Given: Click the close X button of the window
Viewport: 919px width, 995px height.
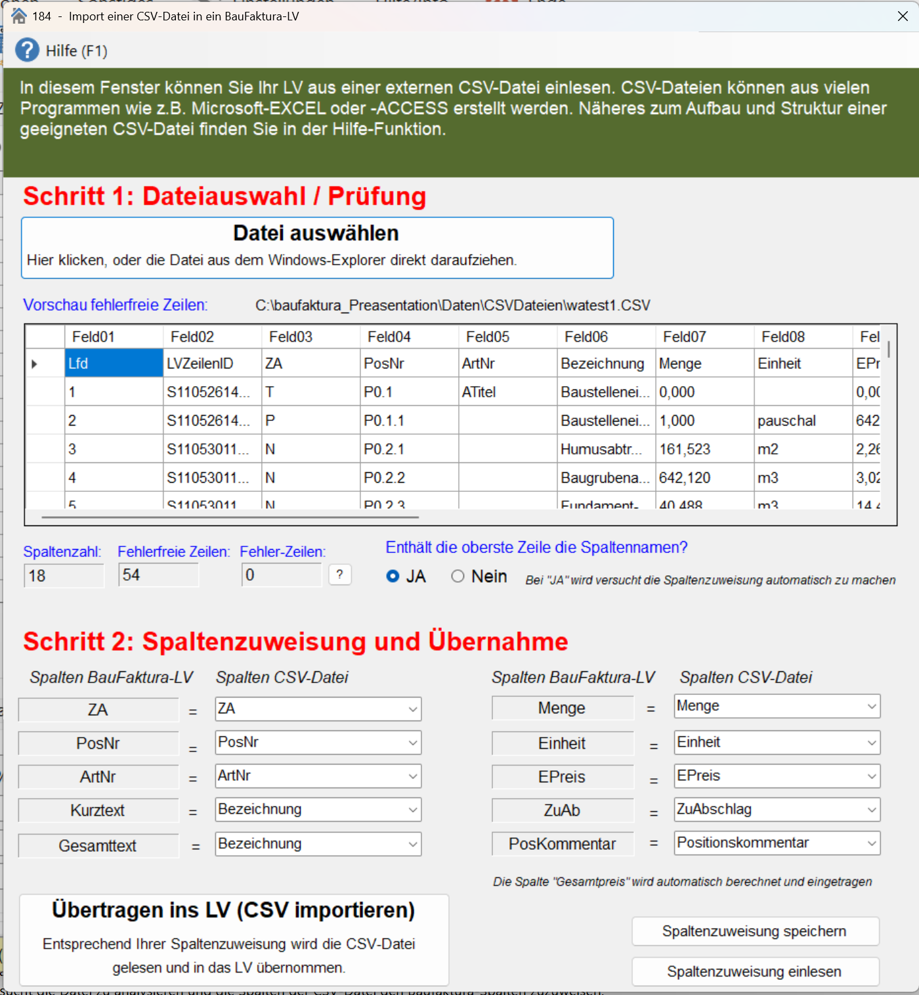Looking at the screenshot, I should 903,16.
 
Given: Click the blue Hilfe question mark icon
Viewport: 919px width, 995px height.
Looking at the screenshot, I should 28,50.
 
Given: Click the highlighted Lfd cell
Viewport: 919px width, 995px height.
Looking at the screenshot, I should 114,363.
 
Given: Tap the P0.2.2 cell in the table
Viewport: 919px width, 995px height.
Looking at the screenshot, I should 408,478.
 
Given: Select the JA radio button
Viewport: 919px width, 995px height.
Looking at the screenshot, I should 393,576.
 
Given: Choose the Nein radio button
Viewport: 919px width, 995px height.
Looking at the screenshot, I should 458,576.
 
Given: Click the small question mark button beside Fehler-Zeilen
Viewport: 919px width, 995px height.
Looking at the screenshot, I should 339,575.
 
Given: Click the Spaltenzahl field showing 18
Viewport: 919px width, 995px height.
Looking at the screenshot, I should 63,576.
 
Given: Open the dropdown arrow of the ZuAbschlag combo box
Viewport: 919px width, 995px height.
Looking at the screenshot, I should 872,810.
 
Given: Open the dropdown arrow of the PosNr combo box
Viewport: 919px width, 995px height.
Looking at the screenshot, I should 413,743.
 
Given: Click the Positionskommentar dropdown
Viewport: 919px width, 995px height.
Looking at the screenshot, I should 777,843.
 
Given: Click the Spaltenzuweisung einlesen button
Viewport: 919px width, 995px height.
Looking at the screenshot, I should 755,971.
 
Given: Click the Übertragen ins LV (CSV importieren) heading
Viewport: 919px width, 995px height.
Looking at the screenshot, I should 234,910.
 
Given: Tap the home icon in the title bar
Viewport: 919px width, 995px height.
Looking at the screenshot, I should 19,16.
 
